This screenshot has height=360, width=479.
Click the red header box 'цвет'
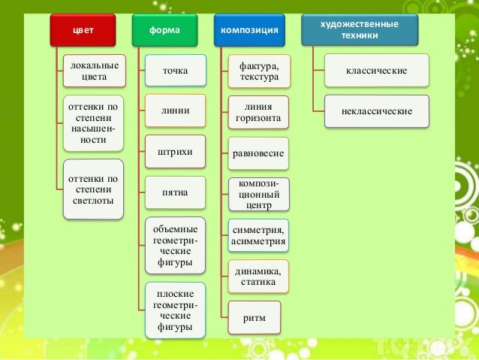tap(88, 29)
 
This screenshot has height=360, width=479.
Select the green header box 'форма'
tap(168, 29)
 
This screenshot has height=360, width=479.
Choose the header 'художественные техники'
tap(359, 29)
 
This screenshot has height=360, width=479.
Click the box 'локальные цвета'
tap(94, 70)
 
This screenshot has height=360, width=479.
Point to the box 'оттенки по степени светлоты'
tap(94, 189)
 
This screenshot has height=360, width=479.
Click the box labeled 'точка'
tap(176, 71)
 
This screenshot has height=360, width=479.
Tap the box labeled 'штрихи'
tap(176, 153)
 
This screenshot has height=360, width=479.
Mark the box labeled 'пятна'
tap(176, 193)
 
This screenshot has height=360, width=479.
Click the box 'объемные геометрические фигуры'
tap(176, 246)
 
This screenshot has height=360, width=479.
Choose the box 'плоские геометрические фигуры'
tap(176, 310)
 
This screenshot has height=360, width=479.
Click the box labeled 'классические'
tap(377, 71)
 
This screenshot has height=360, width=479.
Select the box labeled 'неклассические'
tap(377, 111)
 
